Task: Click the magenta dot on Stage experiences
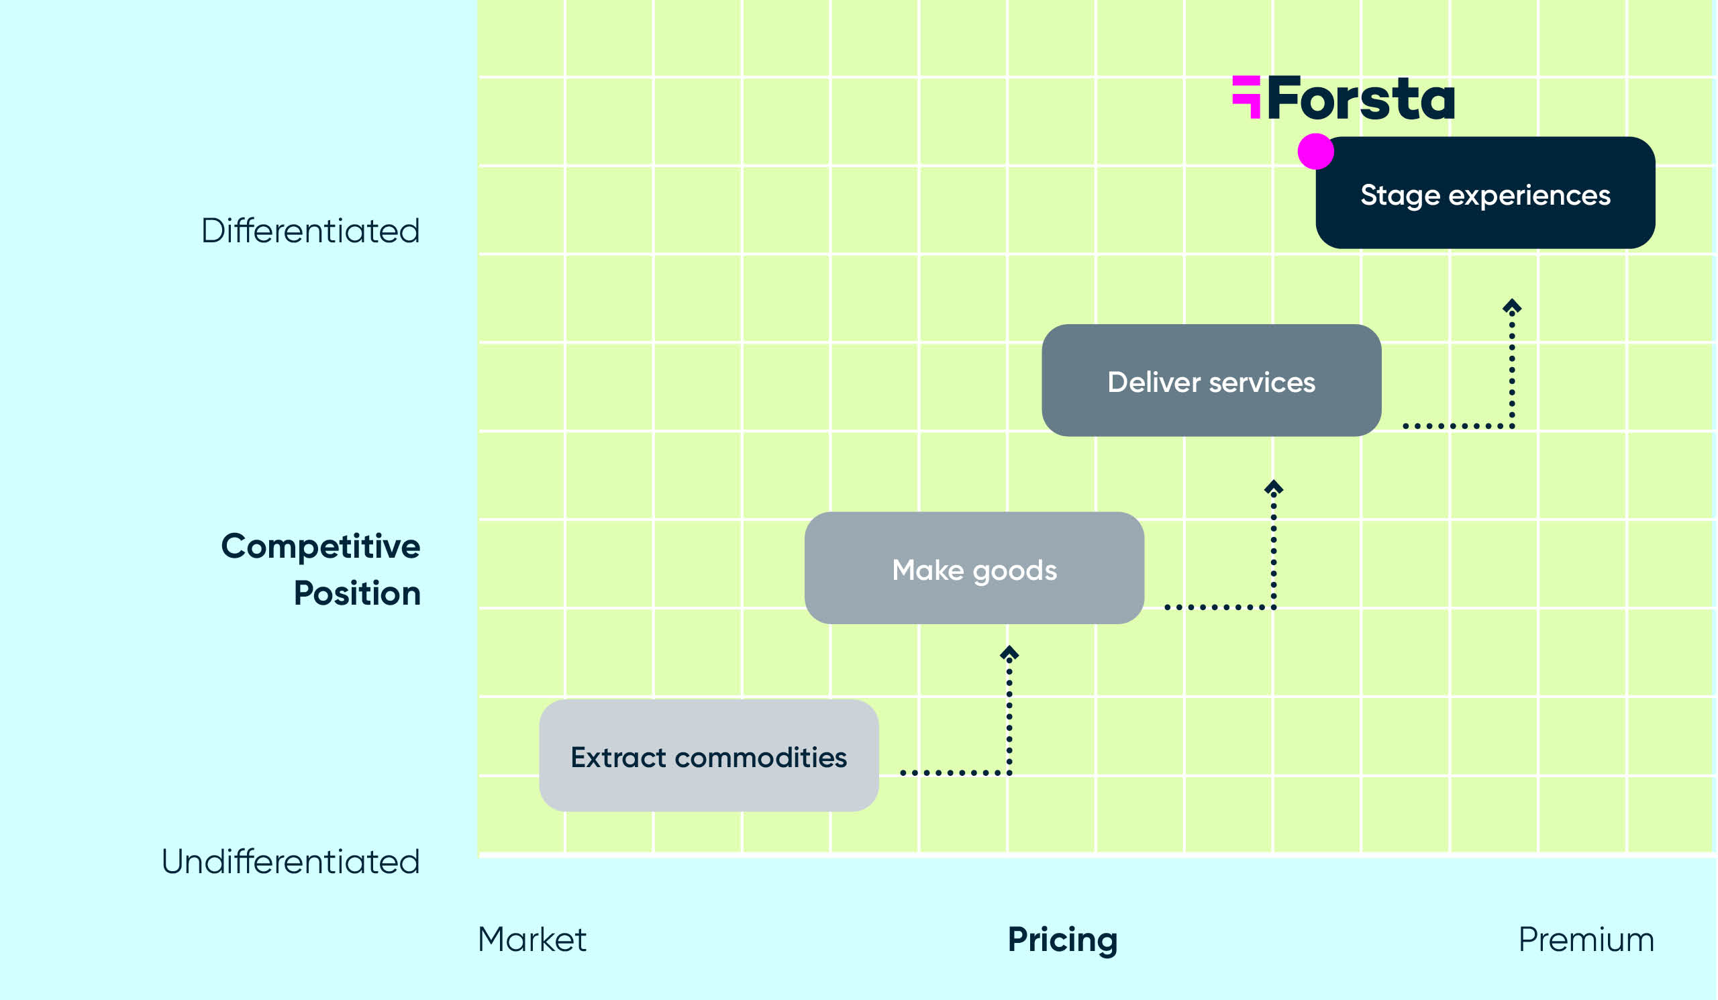(x=1315, y=150)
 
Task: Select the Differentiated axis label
(x=310, y=230)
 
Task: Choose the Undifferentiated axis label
(x=291, y=862)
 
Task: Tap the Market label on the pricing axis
(x=532, y=940)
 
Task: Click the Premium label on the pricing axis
(x=1586, y=940)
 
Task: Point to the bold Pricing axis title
(x=1062, y=940)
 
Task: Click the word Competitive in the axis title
(x=320, y=546)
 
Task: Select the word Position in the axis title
(x=356, y=593)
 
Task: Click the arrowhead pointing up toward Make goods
(x=1009, y=653)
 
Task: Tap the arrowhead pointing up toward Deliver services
(x=1274, y=487)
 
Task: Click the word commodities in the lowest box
(x=761, y=757)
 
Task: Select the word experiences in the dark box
(x=1529, y=195)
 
